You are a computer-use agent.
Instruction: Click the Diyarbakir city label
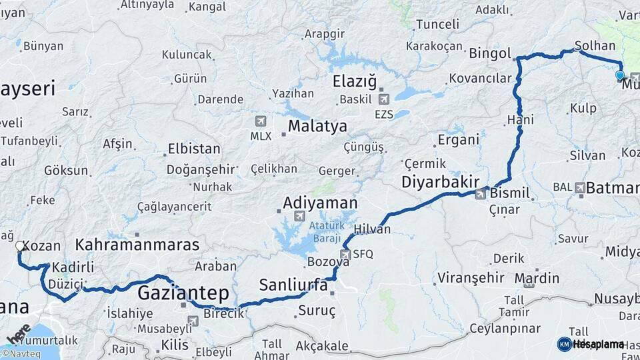[441, 182]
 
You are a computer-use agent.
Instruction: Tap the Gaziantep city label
[183, 293]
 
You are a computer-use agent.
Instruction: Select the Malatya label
[317, 126]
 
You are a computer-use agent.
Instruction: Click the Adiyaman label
[320, 203]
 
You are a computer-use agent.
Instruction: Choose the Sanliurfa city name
[293, 285]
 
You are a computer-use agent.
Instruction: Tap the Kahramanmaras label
[137, 245]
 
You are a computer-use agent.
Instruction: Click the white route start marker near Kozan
[20, 246]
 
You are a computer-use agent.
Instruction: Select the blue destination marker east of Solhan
[620, 75]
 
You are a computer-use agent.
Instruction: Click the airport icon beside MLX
[260, 121]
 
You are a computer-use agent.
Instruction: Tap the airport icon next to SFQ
[345, 254]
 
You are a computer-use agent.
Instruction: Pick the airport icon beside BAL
[579, 188]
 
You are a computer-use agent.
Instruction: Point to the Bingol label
[490, 53]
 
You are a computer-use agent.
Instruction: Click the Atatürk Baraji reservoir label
[325, 232]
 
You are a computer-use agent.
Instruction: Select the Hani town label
[520, 120]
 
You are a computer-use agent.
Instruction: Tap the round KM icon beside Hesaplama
[564, 344]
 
